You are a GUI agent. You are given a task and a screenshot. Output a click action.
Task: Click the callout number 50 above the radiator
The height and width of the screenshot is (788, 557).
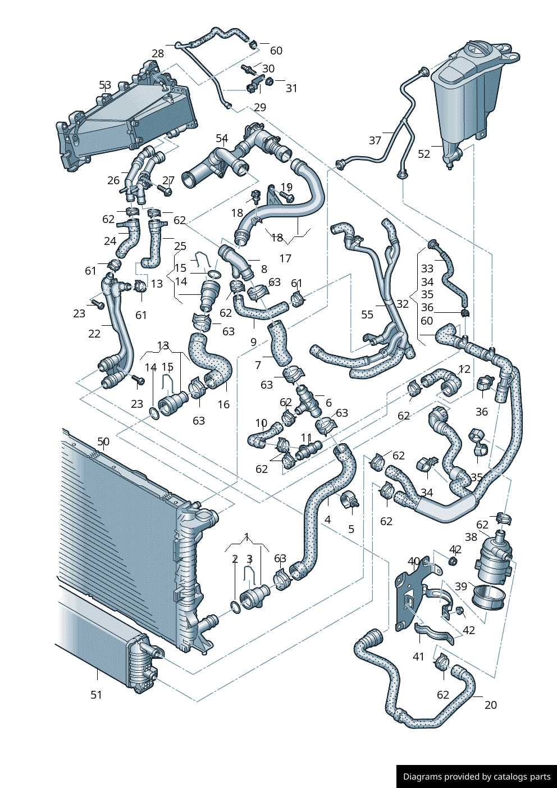(103, 442)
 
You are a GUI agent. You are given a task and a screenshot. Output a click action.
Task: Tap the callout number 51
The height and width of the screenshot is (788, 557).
(97, 695)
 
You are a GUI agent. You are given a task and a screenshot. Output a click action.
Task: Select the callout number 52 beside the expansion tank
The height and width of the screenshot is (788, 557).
(424, 154)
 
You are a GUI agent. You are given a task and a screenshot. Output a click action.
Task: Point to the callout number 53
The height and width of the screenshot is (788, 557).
(105, 85)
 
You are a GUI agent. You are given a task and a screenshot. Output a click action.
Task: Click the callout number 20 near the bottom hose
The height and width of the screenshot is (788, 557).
(491, 705)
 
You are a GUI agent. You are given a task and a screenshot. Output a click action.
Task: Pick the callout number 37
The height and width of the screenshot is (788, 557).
(375, 140)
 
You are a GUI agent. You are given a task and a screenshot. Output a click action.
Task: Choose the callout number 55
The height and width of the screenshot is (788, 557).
(367, 315)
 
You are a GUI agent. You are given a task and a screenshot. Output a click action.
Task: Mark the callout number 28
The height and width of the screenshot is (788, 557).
(158, 53)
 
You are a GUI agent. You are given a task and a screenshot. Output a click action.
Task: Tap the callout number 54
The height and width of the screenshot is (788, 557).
(222, 138)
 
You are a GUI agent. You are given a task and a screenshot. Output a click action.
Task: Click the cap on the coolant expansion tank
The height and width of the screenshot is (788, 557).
(476, 50)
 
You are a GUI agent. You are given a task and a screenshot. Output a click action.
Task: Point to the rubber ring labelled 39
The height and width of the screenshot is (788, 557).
(485, 597)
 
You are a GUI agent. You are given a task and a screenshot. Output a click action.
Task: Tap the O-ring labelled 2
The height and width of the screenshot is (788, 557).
(235, 607)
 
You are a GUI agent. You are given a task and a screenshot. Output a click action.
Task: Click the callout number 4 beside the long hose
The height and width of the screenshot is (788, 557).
(327, 520)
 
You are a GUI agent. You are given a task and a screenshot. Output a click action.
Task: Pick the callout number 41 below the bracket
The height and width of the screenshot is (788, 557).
(418, 656)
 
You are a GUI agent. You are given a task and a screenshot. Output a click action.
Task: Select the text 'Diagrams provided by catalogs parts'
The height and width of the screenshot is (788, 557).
(477, 777)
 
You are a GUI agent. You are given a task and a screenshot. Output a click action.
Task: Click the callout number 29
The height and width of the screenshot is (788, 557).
(260, 107)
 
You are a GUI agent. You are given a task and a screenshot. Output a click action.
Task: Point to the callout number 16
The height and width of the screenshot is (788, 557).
(223, 404)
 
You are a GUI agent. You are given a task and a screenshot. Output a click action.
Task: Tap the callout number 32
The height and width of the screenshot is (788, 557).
(403, 304)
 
